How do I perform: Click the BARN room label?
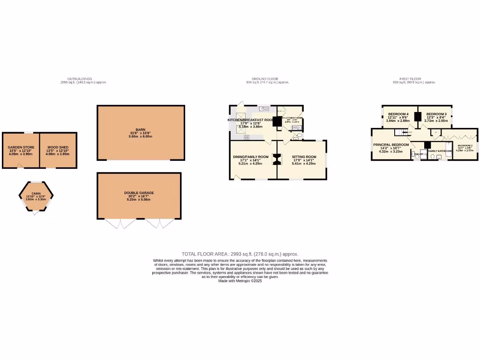pyautogui.click(x=140, y=130)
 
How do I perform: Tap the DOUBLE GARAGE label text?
pyautogui.click(x=139, y=193)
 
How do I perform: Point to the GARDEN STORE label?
pyautogui.click(x=20, y=148)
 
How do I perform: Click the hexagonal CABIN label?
pyautogui.click(x=36, y=194)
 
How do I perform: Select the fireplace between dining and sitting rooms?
pyautogui.click(x=277, y=160)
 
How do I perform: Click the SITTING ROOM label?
pyautogui.click(x=304, y=157)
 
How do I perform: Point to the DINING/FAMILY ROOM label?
pyautogui.click(x=251, y=157)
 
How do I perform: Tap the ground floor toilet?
pyautogui.click(x=299, y=136)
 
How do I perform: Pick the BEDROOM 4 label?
pyautogui.click(x=398, y=114)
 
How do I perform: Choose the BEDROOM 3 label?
pyautogui.click(x=436, y=114)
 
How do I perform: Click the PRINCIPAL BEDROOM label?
pyautogui.click(x=391, y=145)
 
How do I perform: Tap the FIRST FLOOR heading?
pyautogui.click(x=410, y=79)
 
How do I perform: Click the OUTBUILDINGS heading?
pyautogui.click(x=80, y=79)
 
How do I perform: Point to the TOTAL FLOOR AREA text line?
pyautogui.click(x=240, y=254)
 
